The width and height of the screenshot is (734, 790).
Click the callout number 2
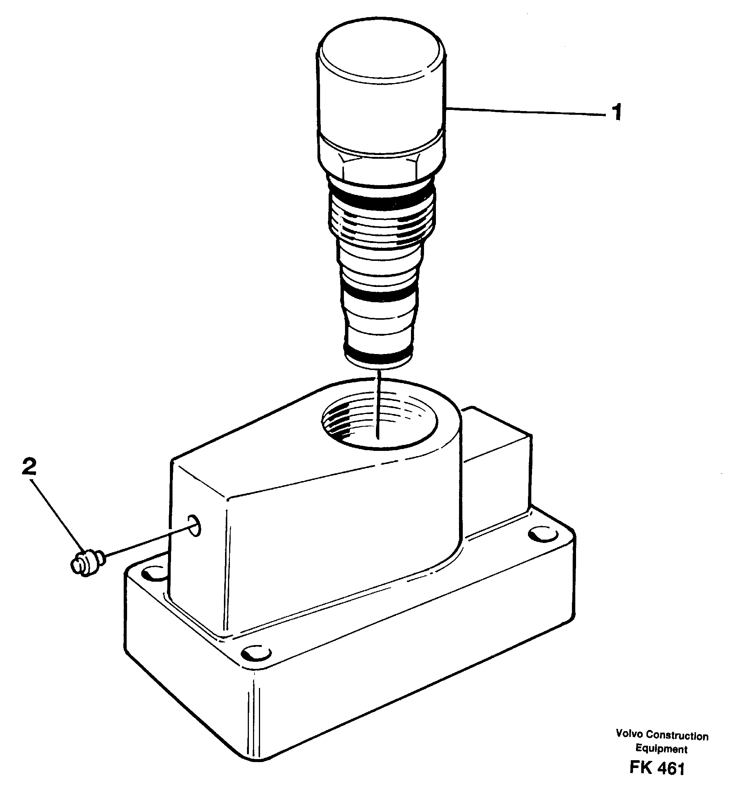[29, 466]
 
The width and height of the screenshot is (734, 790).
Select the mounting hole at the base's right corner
[544, 535]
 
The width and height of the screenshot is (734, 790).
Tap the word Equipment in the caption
[661, 749]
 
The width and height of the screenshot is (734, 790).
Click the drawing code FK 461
[657, 768]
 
